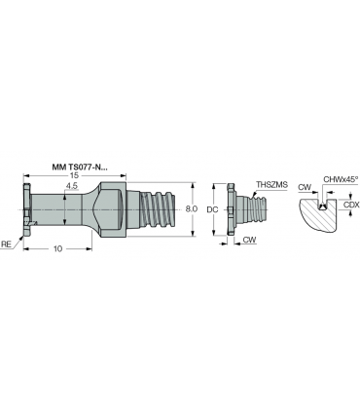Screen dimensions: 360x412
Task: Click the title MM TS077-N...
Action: point(80,168)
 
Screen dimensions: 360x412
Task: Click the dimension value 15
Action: point(75,175)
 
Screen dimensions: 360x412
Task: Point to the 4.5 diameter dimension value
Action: point(71,186)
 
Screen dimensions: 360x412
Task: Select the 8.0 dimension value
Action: point(192,209)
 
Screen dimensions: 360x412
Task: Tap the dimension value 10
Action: point(57,249)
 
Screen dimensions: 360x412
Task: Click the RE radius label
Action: point(6,244)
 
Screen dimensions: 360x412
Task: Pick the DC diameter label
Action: point(212,209)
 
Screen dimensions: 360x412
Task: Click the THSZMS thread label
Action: point(271,185)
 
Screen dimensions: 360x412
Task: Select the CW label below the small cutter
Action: point(249,240)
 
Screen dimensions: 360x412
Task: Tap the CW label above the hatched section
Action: point(305,187)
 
